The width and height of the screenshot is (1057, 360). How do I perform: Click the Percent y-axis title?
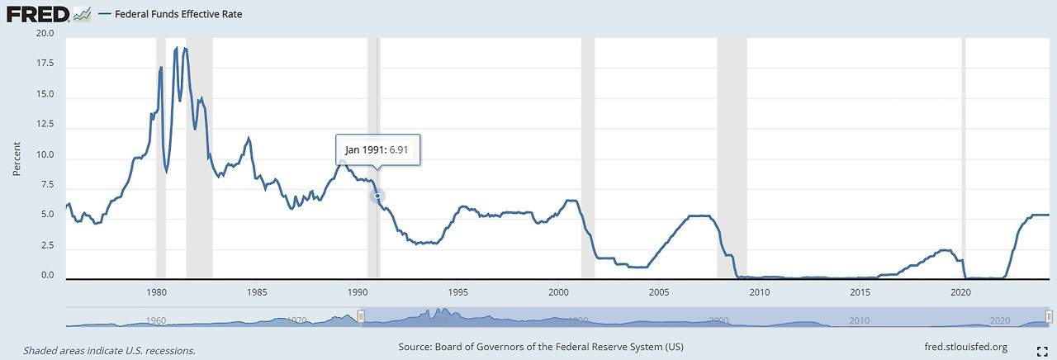click(x=17, y=156)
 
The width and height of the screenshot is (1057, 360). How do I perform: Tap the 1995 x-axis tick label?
click(x=458, y=293)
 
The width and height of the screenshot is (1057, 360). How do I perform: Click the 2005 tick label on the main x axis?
click(x=659, y=293)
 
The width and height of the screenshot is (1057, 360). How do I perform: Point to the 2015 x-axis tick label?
click(x=860, y=293)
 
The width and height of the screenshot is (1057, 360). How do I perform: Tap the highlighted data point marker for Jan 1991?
click(x=378, y=197)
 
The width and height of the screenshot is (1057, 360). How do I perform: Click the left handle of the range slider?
click(x=361, y=317)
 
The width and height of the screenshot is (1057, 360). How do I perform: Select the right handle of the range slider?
click(x=1050, y=317)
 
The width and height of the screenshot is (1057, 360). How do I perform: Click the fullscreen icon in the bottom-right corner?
click(x=1041, y=350)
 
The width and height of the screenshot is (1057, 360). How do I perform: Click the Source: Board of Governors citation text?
click(x=540, y=347)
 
